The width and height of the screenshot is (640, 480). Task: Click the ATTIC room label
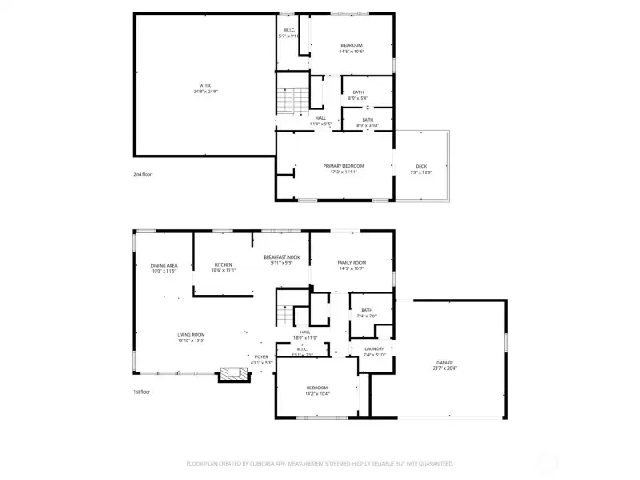pyautogui.click(x=205, y=87)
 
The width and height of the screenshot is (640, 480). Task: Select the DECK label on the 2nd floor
pyautogui.click(x=421, y=169)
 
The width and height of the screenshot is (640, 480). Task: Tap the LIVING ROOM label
pyautogui.click(x=191, y=336)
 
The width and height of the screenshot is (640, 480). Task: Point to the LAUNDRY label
pyautogui.click(x=373, y=351)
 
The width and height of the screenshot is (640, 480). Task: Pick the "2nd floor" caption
pyautogui.click(x=143, y=174)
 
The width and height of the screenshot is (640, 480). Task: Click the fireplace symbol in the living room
pyautogui.click(x=234, y=374)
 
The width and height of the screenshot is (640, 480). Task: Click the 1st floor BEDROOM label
pyautogui.click(x=317, y=389)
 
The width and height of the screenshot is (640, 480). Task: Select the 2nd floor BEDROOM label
pyautogui.click(x=351, y=48)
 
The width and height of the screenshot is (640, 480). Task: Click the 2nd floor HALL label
pyautogui.click(x=320, y=120)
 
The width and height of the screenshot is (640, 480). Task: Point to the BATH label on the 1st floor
pyautogui.click(x=366, y=312)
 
